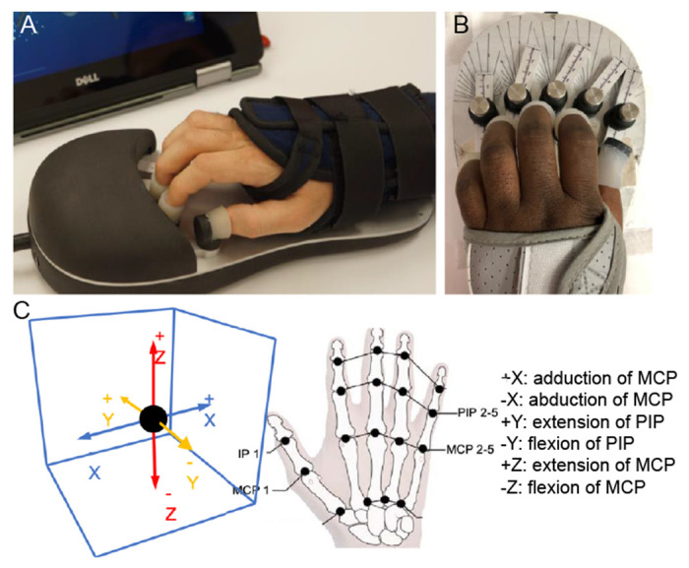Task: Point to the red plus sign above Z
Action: [156, 336]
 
